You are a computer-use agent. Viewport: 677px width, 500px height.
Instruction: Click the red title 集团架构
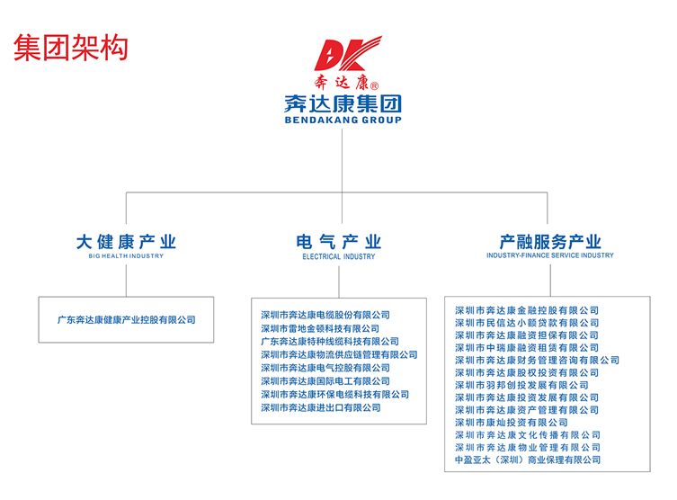[71, 48]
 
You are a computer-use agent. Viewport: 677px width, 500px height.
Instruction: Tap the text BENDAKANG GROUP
[343, 120]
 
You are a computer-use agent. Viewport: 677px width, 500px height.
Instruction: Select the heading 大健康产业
[126, 241]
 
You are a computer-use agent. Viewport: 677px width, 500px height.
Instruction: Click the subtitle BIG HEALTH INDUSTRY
[126, 256]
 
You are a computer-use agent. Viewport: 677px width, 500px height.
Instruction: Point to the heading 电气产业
[339, 241]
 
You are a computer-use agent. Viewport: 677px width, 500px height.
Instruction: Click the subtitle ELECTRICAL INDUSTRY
[339, 256]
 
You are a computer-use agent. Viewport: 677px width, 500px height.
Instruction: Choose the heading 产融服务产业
[550, 241]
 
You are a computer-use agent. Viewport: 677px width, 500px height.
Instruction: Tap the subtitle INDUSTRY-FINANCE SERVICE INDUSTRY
[550, 256]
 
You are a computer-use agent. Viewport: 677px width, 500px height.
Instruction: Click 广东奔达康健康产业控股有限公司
[126, 319]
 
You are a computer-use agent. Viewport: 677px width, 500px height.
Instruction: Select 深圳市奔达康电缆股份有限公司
[325, 315]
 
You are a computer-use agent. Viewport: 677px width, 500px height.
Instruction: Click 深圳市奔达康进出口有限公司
[321, 407]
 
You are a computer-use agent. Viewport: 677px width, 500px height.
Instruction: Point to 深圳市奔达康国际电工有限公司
[325, 381]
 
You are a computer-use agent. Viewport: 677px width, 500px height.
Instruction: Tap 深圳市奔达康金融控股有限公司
[527, 310]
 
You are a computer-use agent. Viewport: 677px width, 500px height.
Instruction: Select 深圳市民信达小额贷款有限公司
[527, 323]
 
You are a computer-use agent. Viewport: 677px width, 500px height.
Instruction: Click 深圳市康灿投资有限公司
[512, 422]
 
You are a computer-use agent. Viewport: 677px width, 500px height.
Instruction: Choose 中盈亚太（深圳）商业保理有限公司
[528, 460]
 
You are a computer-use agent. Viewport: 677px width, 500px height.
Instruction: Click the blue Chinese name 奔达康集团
[343, 103]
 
